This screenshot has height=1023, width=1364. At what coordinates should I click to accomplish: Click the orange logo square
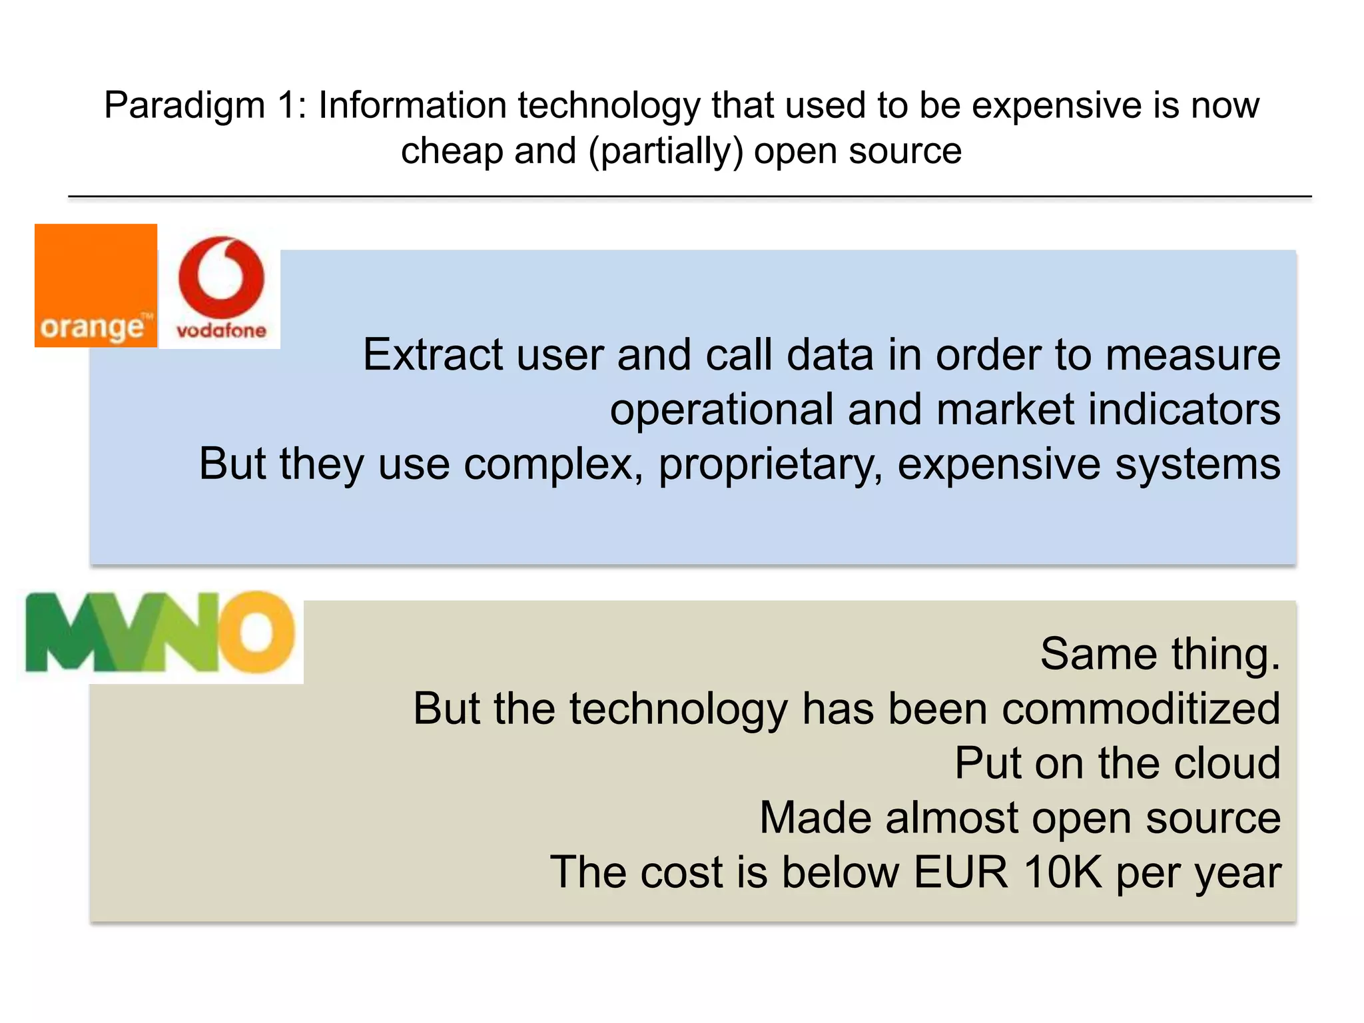tap(95, 285)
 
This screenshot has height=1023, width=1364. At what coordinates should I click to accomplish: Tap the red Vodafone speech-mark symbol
tap(221, 277)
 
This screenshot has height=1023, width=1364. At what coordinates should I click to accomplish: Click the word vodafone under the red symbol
tap(221, 330)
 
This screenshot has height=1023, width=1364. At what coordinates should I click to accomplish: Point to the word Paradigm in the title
tap(184, 105)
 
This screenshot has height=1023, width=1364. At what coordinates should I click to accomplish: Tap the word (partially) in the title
tap(665, 151)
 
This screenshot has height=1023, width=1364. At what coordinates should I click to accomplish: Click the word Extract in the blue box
tap(432, 355)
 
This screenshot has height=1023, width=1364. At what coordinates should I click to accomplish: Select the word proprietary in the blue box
tap(770, 465)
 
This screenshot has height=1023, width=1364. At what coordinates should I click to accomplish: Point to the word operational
tap(721, 409)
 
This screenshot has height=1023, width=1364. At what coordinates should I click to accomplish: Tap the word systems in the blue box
tap(1197, 465)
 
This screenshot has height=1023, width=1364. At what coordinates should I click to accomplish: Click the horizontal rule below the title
tap(689, 196)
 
